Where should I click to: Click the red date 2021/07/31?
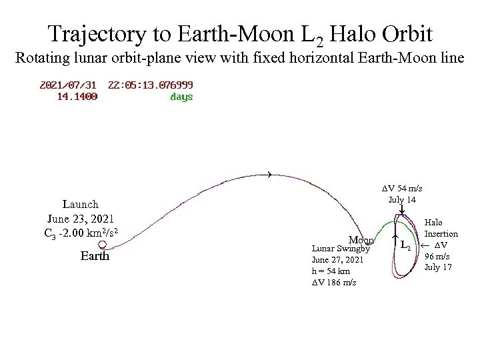pos(69,85)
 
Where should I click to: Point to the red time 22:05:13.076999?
pos(151,85)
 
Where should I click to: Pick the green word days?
pos(181,97)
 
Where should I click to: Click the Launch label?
pos(80,204)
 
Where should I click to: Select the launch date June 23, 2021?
pos(80,218)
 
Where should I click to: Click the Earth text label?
pos(95,256)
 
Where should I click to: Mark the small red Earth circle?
pos(102,245)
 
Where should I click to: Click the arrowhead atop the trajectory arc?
pos(269,175)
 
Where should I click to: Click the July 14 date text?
pos(402,199)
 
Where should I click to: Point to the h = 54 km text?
pos(331,271)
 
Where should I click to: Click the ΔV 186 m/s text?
pos(334,283)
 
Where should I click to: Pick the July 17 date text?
pos(438,267)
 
